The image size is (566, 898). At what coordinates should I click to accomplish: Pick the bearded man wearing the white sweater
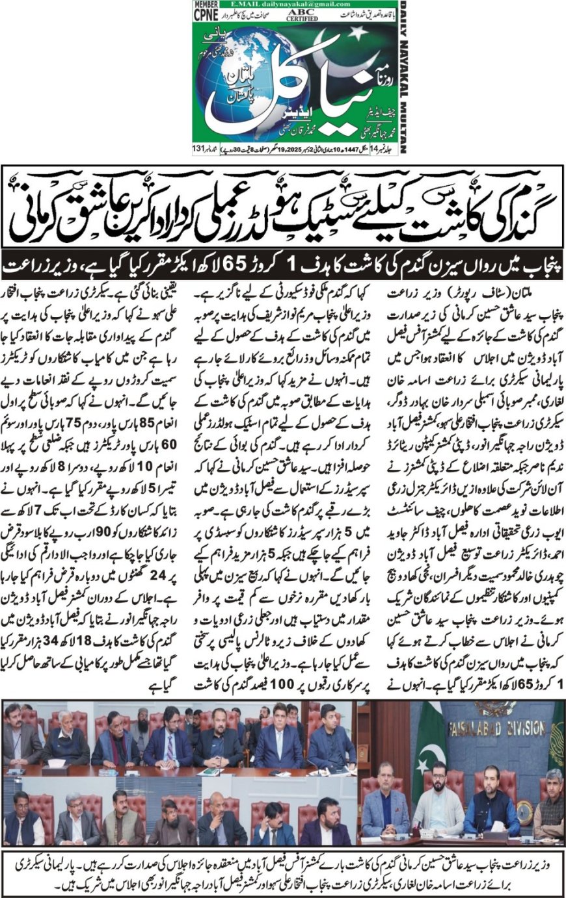click(x=438, y=799)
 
